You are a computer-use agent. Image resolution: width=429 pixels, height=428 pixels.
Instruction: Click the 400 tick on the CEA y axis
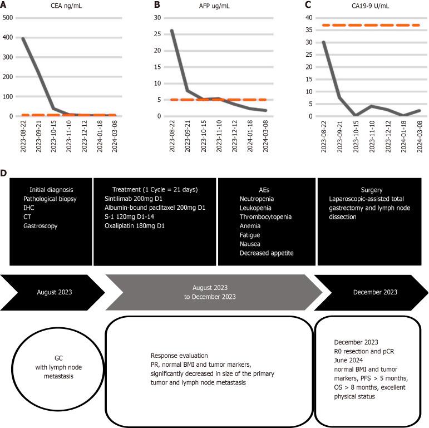(8, 38)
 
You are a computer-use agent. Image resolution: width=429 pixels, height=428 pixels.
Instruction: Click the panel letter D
(4, 174)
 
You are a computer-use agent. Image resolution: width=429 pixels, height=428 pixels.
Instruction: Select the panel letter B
(157, 5)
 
